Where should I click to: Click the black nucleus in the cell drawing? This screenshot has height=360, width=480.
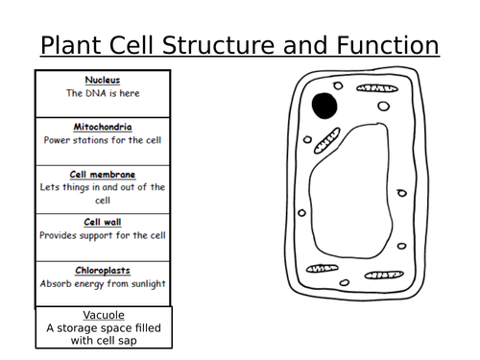(324, 105)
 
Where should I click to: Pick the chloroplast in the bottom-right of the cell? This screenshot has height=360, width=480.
(382, 276)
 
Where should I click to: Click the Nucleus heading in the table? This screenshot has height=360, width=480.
(103, 80)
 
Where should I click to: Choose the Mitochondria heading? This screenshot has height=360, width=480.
(103, 126)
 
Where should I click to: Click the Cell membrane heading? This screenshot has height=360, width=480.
(103, 174)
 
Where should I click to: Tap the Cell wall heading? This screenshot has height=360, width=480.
(103, 221)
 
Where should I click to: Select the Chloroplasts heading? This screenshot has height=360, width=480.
(103, 270)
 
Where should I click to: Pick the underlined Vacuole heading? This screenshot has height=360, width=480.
(103, 314)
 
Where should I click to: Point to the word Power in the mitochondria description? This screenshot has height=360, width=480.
(60, 140)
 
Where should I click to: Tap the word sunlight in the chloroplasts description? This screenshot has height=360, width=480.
(144, 284)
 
